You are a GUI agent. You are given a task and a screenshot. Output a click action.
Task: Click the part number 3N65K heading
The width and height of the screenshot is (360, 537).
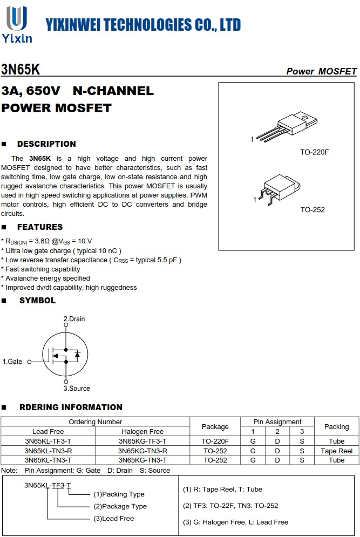point(21,70)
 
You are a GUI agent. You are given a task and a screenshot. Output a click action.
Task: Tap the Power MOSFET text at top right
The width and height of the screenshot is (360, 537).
point(321,71)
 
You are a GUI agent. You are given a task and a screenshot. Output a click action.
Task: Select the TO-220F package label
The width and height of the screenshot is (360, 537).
point(314,152)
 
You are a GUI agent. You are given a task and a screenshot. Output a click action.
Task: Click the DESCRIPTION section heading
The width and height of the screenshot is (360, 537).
point(46,144)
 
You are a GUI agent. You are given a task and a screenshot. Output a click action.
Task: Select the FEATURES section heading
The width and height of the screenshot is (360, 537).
point(39,227)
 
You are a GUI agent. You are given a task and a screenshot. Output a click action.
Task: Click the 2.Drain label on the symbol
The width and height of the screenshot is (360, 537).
point(74,319)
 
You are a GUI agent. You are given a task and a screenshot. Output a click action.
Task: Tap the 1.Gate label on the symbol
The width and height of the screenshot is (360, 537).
point(12,362)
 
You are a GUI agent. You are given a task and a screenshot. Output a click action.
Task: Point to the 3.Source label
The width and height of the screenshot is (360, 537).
point(77,389)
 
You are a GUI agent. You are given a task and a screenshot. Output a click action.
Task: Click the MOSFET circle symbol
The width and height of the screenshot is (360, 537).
point(65,355)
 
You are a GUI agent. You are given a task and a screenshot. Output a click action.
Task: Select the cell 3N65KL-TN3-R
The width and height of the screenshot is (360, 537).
point(48,451)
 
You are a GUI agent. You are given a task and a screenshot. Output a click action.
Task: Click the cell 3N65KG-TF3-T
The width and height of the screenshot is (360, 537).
point(142,441)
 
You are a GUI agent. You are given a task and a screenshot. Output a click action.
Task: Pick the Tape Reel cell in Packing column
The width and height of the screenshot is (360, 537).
point(336,451)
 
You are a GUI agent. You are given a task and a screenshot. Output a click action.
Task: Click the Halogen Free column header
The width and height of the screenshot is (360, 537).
point(142,432)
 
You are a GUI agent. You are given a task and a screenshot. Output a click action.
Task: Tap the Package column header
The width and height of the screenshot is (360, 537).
point(215,426)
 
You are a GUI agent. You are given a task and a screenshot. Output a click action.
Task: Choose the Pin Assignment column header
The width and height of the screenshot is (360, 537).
point(277,422)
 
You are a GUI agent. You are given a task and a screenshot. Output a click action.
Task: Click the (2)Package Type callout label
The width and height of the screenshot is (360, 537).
point(120,506)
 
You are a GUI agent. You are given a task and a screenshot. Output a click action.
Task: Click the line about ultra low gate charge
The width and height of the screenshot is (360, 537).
point(63,250)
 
